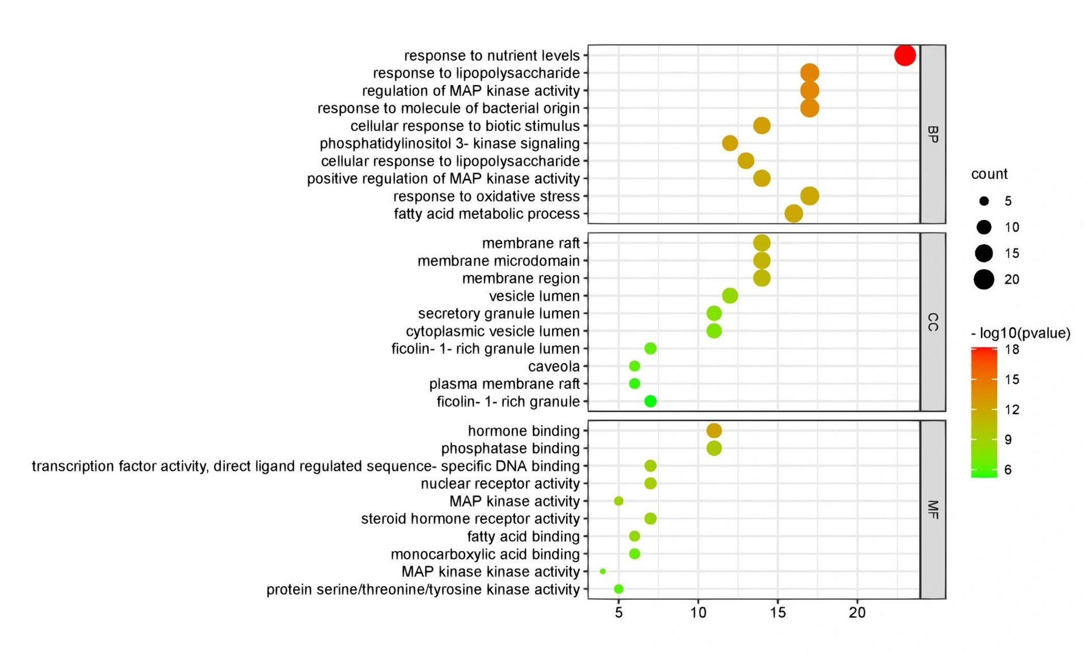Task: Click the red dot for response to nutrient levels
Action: click(x=905, y=55)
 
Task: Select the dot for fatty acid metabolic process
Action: click(x=793, y=214)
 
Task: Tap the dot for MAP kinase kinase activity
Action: click(x=603, y=571)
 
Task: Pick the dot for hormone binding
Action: click(x=714, y=431)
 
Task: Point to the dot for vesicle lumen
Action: click(x=730, y=295)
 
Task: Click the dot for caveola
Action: click(x=635, y=366)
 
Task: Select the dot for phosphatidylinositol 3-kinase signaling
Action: click(x=730, y=143)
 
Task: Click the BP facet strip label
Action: click(x=932, y=134)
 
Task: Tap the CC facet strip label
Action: click(x=932, y=322)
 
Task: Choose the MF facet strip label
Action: click(x=932, y=510)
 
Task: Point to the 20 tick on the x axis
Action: click(x=857, y=613)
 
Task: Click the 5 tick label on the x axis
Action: click(x=619, y=613)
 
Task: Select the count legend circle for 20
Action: click(x=984, y=280)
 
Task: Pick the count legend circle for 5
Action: click(x=984, y=201)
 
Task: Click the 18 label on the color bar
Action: click(x=1012, y=349)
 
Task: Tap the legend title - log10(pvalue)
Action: click(x=1020, y=333)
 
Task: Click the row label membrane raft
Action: click(x=530, y=243)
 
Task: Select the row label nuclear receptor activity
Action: click(x=500, y=483)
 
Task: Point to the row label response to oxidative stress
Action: click(x=486, y=196)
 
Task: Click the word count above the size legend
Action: click(x=989, y=174)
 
